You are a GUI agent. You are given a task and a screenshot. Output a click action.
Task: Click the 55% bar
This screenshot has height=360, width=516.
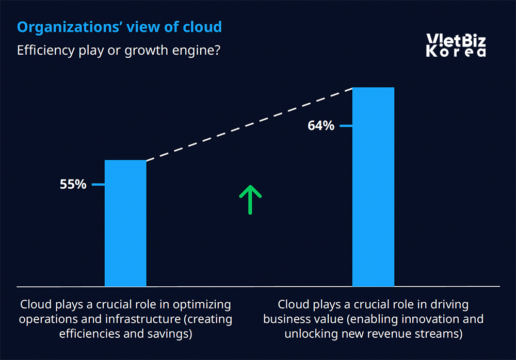tap(125, 223)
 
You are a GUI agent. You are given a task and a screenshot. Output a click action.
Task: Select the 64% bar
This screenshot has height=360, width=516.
tap(373, 187)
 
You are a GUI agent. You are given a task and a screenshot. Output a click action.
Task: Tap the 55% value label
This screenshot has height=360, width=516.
tap(73, 184)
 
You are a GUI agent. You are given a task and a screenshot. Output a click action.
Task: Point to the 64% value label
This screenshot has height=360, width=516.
tap(321, 125)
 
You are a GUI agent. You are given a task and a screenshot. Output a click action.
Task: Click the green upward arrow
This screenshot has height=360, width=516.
tap(250, 199)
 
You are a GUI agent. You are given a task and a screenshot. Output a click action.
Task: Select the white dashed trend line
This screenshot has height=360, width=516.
tap(249, 124)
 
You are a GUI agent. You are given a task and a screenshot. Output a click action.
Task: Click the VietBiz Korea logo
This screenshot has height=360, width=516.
tap(456, 45)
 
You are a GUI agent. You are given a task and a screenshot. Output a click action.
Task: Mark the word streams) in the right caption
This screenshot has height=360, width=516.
tap(440, 334)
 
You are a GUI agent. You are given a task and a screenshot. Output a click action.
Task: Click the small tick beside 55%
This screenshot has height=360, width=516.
tap(98, 184)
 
